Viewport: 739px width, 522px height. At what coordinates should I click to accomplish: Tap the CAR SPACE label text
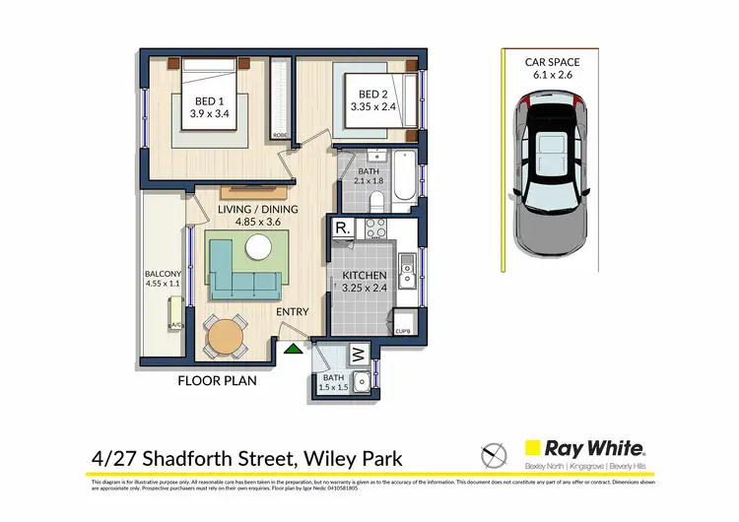coord(553,62)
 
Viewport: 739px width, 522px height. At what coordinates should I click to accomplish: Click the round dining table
coord(228,337)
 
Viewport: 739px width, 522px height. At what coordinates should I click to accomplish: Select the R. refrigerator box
coord(342,228)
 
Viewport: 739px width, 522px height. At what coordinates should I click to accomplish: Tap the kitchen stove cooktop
coord(376,228)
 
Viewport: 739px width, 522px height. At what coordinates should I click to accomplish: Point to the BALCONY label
coord(163,276)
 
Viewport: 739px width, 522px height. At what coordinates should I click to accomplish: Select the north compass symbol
coord(493,455)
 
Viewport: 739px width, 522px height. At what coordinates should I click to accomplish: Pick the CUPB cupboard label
coord(403,331)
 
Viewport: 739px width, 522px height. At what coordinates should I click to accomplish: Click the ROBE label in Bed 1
coord(281,134)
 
